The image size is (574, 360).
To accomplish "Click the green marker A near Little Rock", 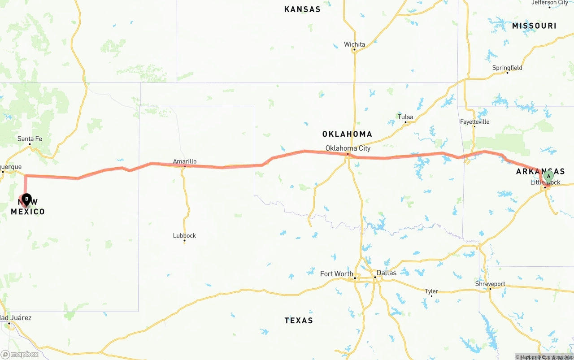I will pos(548,177).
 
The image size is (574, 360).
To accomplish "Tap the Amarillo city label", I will pos(185,161).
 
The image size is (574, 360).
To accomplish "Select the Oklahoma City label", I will pos(348,148).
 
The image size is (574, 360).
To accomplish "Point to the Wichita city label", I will pos(354,44).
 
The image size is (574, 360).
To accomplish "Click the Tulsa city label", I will pos(405,117).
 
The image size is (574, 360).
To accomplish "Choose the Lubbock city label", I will pos(184,235).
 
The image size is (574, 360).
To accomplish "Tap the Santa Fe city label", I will pos(30,139).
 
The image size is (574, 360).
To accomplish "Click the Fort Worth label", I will pos(336,273).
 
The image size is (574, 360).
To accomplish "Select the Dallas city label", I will pos(386,273).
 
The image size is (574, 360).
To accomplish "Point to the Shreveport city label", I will pos(490,284).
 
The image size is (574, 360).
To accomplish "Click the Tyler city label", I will pos(431,291).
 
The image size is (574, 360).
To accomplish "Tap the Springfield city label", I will pos(507,68).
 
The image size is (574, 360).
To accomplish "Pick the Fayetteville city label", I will pos(474,122).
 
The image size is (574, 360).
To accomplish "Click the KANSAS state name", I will pos(302,9).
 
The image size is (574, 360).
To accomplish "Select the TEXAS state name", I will pos(299,320).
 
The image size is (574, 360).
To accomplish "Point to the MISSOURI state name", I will pos(534,26).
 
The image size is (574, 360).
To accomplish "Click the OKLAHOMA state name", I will pos(347,134).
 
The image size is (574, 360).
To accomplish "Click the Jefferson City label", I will pos(549,3).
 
